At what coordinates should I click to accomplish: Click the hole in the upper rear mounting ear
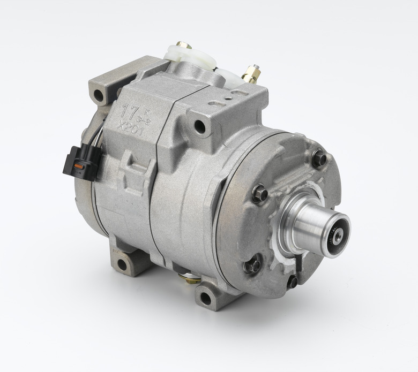point(99,97)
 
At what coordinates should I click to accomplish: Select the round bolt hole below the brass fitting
point(200,127)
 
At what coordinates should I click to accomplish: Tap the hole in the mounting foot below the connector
point(122,264)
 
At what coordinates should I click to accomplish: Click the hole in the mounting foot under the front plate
point(206,297)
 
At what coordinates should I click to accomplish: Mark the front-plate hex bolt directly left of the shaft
point(259,193)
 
